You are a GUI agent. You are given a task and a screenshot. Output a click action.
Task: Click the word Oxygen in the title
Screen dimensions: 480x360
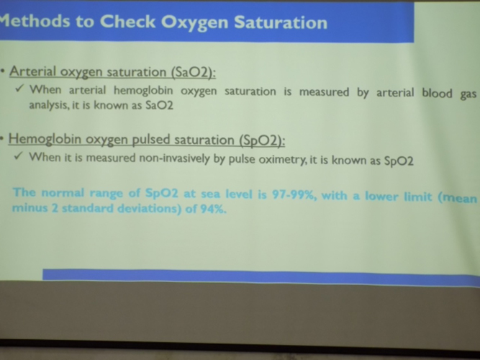coord(195,22)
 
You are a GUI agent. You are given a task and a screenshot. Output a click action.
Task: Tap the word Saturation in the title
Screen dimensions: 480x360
coord(281,22)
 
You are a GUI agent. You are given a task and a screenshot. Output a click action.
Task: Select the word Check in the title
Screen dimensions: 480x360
coord(127,22)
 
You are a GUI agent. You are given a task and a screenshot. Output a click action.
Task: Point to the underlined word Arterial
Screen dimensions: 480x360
coord(33,71)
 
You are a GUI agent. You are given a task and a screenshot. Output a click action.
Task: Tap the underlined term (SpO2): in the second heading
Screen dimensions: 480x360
coord(263,140)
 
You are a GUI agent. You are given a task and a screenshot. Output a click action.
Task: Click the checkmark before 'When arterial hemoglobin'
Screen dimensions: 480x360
coord(19,89)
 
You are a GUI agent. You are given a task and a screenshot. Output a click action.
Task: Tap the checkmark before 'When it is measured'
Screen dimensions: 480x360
coord(19,156)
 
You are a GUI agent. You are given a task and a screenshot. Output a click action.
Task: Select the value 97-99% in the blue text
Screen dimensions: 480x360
coord(294,195)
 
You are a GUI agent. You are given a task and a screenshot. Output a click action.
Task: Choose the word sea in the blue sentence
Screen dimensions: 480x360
coord(211,194)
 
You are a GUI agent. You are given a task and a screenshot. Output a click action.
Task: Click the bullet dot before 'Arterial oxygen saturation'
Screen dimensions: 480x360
coord(3,71)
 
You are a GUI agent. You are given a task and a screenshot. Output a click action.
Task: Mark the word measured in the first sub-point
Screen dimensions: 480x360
coord(324,91)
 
